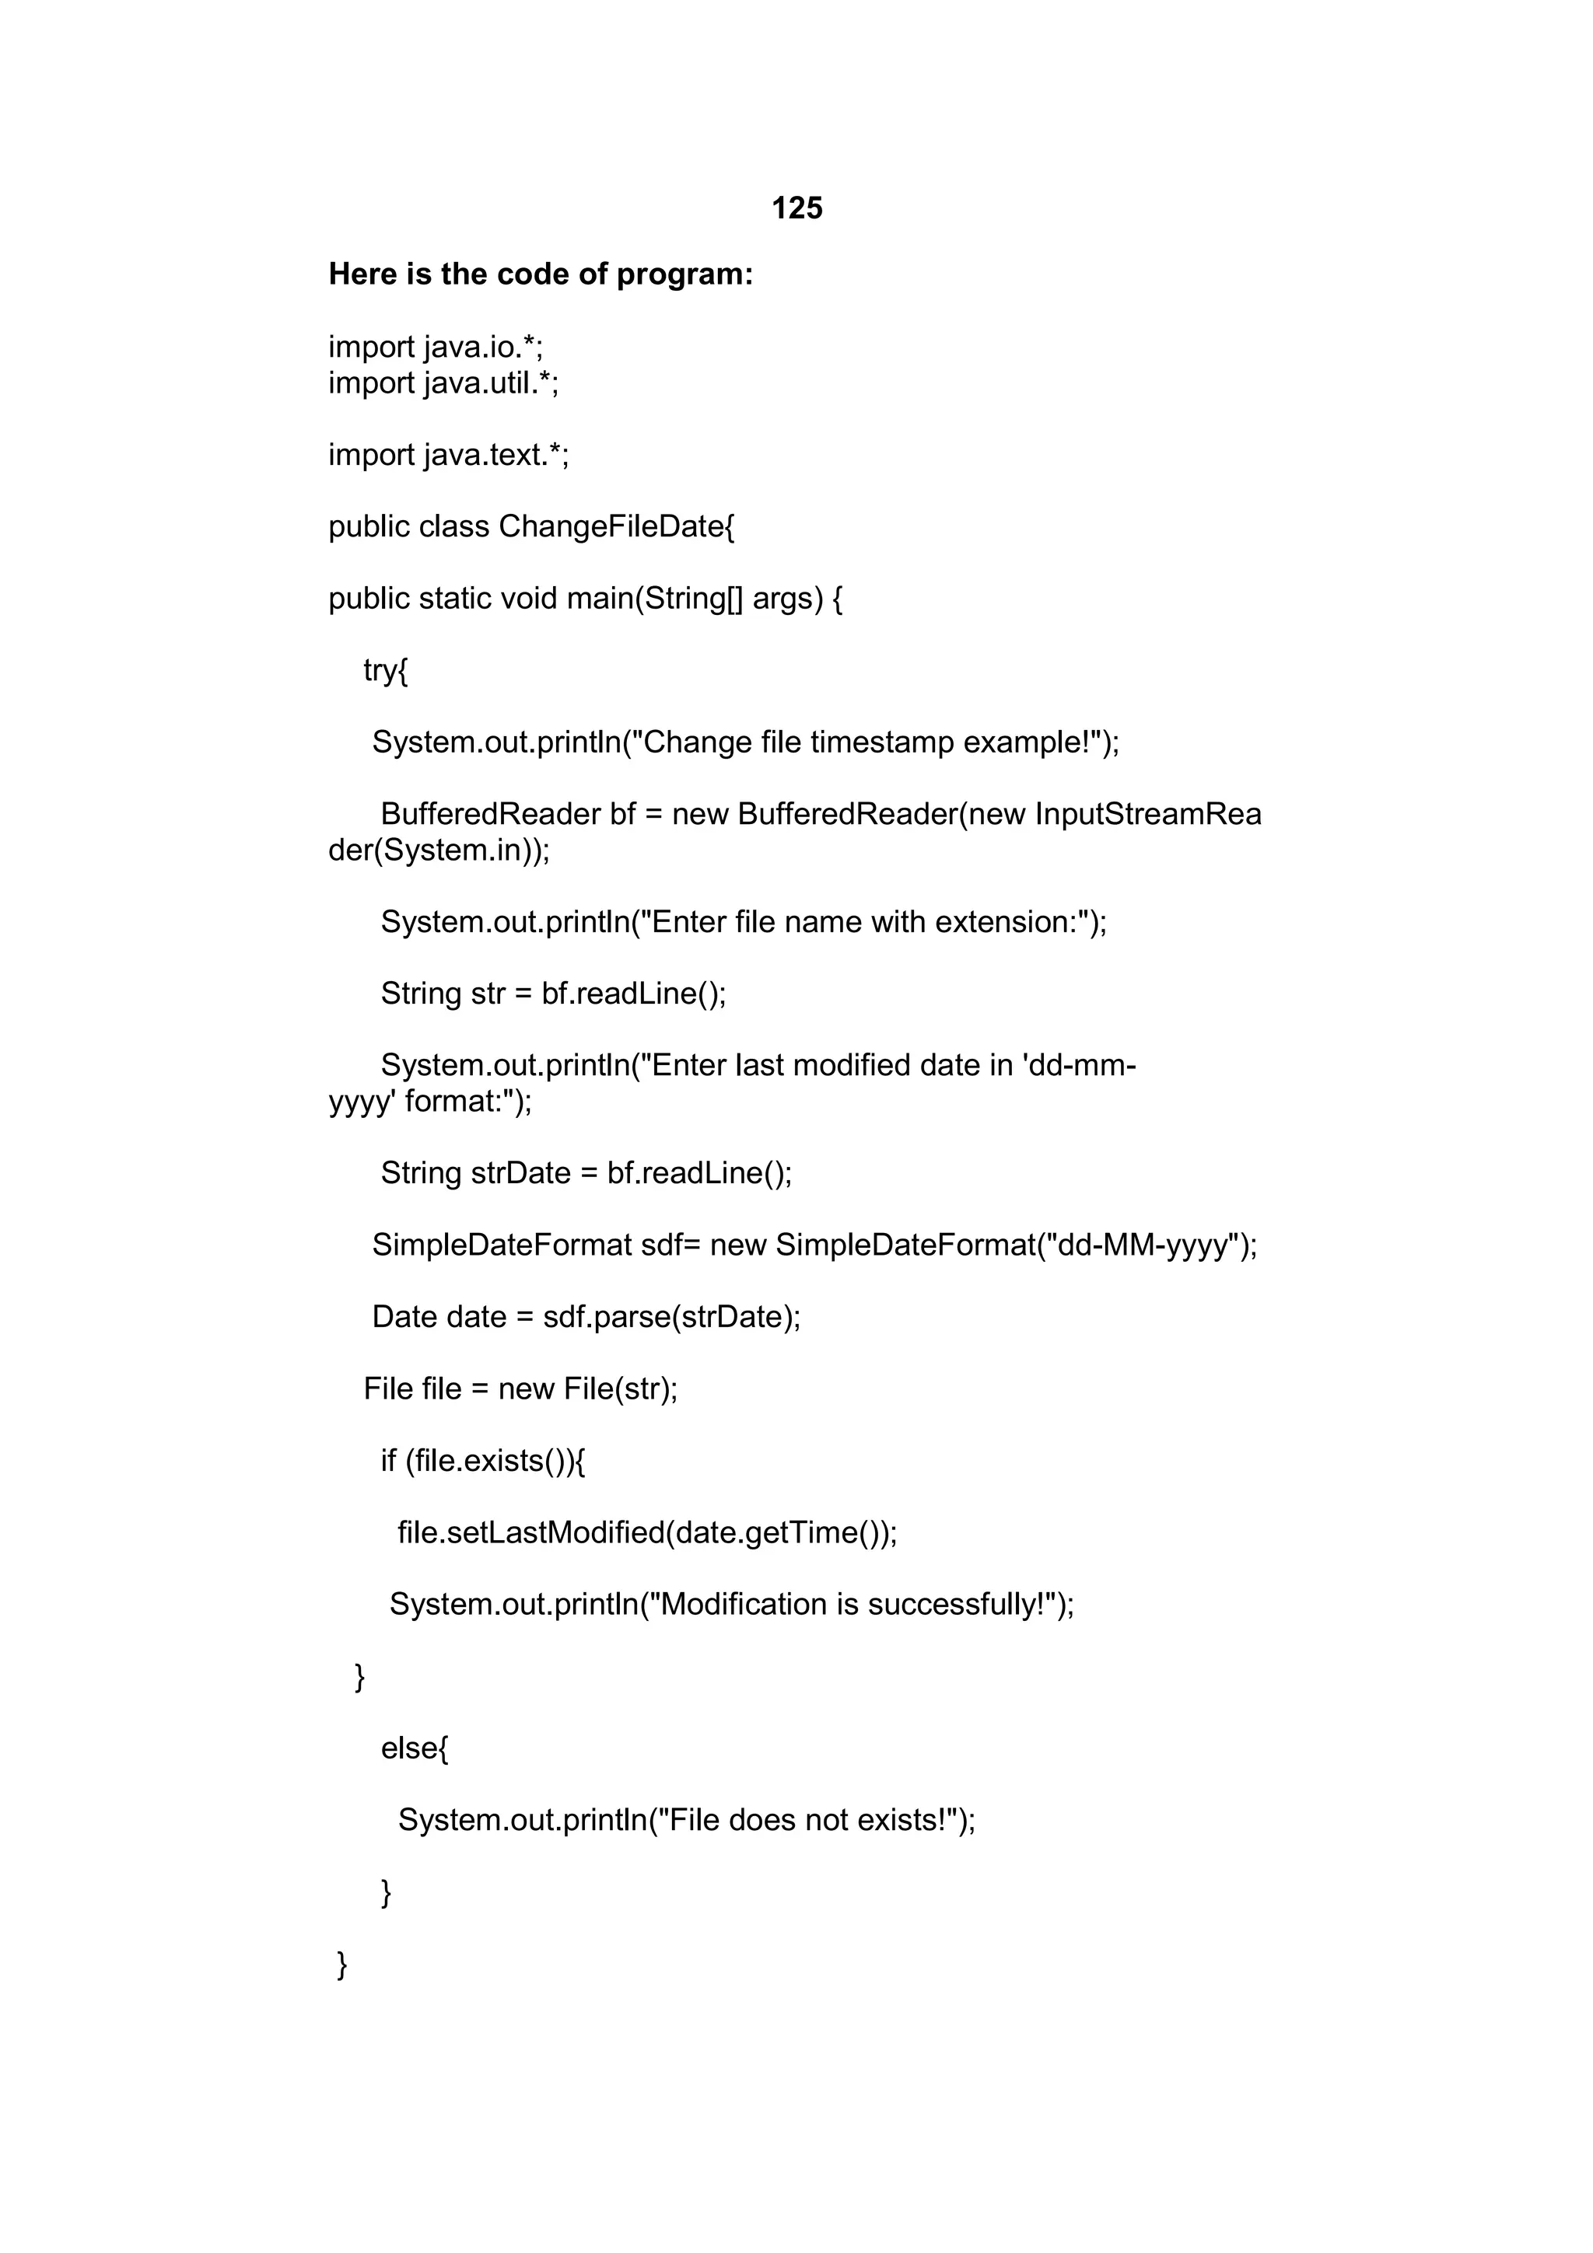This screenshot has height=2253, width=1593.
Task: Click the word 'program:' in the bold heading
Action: click(684, 274)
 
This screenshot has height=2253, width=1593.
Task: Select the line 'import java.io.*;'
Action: click(436, 348)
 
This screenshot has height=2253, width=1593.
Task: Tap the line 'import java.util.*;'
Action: click(443, 382)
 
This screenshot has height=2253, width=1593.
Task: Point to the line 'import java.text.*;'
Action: click(449, 456)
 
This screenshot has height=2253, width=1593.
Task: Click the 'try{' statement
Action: click(385, 670)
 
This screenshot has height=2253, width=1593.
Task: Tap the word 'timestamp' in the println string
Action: click(881, 742)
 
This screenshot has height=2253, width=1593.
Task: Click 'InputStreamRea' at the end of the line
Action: click(1147, 815)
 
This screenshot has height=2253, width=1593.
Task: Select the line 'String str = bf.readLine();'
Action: click(554, 994)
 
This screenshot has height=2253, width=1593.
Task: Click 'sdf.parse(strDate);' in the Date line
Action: click(671, 1317)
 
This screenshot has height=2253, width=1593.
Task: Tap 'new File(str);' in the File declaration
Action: click(587, 1389)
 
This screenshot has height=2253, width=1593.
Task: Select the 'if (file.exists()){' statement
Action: click(483, 1461)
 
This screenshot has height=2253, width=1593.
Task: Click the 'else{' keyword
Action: click(415, 1748)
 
